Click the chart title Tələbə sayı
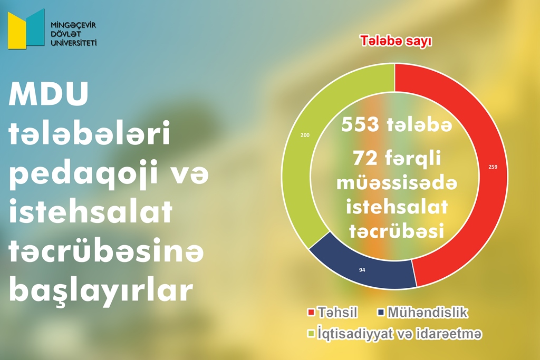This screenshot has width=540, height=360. pos(396,41)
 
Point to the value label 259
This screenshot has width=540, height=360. pos(493,167)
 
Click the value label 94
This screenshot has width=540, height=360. pos(362,270)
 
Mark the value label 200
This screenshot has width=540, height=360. pos(305,135)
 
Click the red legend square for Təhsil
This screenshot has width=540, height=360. pos(311,313)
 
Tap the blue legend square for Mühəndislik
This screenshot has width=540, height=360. pos(381,313)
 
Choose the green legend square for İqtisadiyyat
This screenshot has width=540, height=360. pos(311,334)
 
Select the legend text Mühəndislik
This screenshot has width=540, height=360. pos(428,313)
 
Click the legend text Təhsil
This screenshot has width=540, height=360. pos(337,313)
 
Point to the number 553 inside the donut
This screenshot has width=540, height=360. pos(360,124)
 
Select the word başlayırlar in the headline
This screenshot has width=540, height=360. pos(101,289)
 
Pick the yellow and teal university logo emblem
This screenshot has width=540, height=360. pos(26,29)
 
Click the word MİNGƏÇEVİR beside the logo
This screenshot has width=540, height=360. pos(73,25)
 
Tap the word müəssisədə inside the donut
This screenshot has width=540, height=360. pos(397,183)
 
